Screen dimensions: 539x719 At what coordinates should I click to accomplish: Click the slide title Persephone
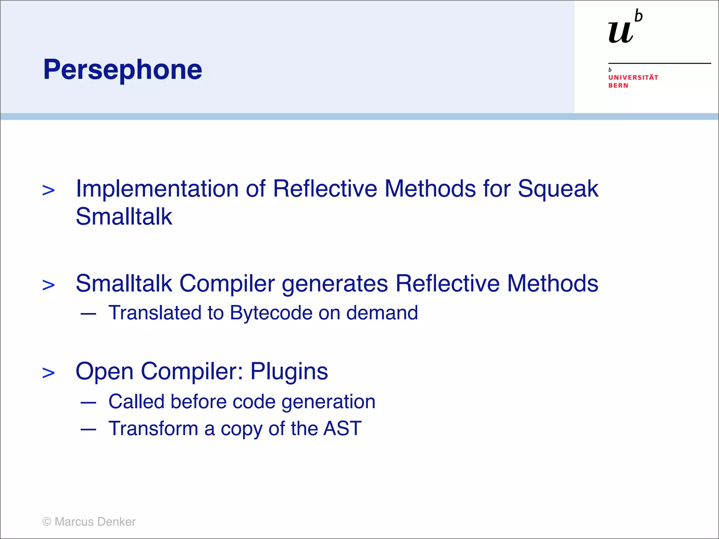click(x=123, y=69)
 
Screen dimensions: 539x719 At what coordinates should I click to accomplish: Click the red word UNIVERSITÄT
click(x=633, y=77)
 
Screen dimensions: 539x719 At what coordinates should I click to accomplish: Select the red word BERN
click(x=618, y=86)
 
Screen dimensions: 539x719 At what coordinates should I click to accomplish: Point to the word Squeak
click(x=558, y=189)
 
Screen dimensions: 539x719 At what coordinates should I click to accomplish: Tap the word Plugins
click(x=289, y=371)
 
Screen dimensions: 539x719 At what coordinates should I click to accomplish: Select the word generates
click(x=335, y=284)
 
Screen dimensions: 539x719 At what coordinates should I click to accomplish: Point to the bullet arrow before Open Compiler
click(x=48, y=373)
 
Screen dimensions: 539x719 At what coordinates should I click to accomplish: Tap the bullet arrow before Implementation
click(x=48, y=191)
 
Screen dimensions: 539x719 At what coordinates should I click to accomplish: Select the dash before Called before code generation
click(x=88, y=402)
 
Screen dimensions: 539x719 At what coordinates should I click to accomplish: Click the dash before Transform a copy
click(x=88, y=429)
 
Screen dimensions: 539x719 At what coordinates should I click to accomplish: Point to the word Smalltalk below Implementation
click(x=124, y=217)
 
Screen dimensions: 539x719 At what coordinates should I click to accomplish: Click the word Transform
click(x=153, y=428)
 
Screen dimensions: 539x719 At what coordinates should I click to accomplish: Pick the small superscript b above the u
click(x=639, y=16)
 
